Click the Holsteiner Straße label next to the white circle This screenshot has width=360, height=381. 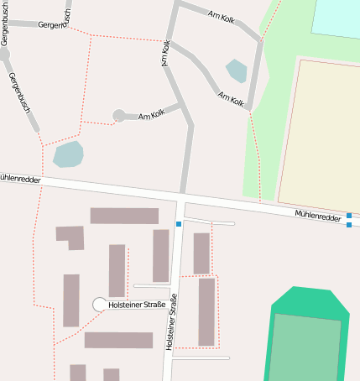pos(138,305)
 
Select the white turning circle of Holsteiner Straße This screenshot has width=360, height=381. pos(100,305)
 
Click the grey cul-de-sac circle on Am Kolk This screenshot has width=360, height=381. pos(119,116)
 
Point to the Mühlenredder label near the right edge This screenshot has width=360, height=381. pos(316,216)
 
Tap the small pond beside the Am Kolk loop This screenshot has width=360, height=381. pos(237,70)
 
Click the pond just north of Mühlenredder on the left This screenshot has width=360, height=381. pos(68,154)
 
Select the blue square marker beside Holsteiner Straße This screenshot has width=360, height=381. pos(179,224)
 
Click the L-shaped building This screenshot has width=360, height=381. pos(72,236)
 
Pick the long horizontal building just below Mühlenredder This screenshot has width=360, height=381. pos(124,216)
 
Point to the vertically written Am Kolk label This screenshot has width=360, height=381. pos(166,55)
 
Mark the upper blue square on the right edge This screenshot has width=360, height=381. pos(349,216)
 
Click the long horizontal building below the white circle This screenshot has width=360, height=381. pos(118,340)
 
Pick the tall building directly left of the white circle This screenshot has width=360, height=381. pos(71,300)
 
